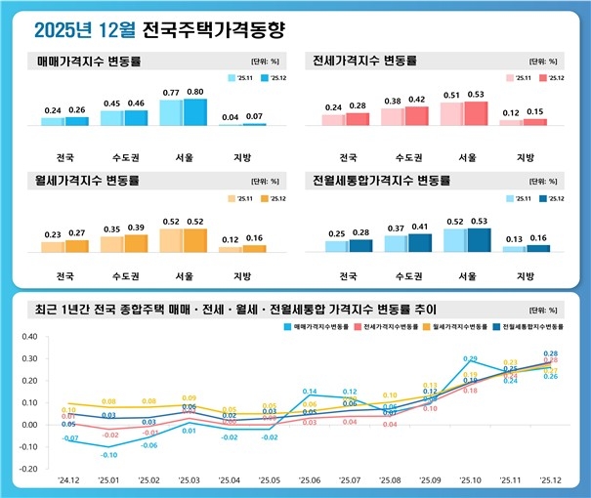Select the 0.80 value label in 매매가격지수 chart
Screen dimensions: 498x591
tap(196, 91)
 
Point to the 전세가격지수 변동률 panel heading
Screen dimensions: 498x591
tap(360, 61)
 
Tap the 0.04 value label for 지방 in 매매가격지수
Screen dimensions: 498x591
tap(230, 117)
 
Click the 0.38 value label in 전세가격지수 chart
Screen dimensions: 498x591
tap(393, 101)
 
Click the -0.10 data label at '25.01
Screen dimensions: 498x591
tap(109, 455)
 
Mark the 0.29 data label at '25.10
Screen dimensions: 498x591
tap(470, 359)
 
